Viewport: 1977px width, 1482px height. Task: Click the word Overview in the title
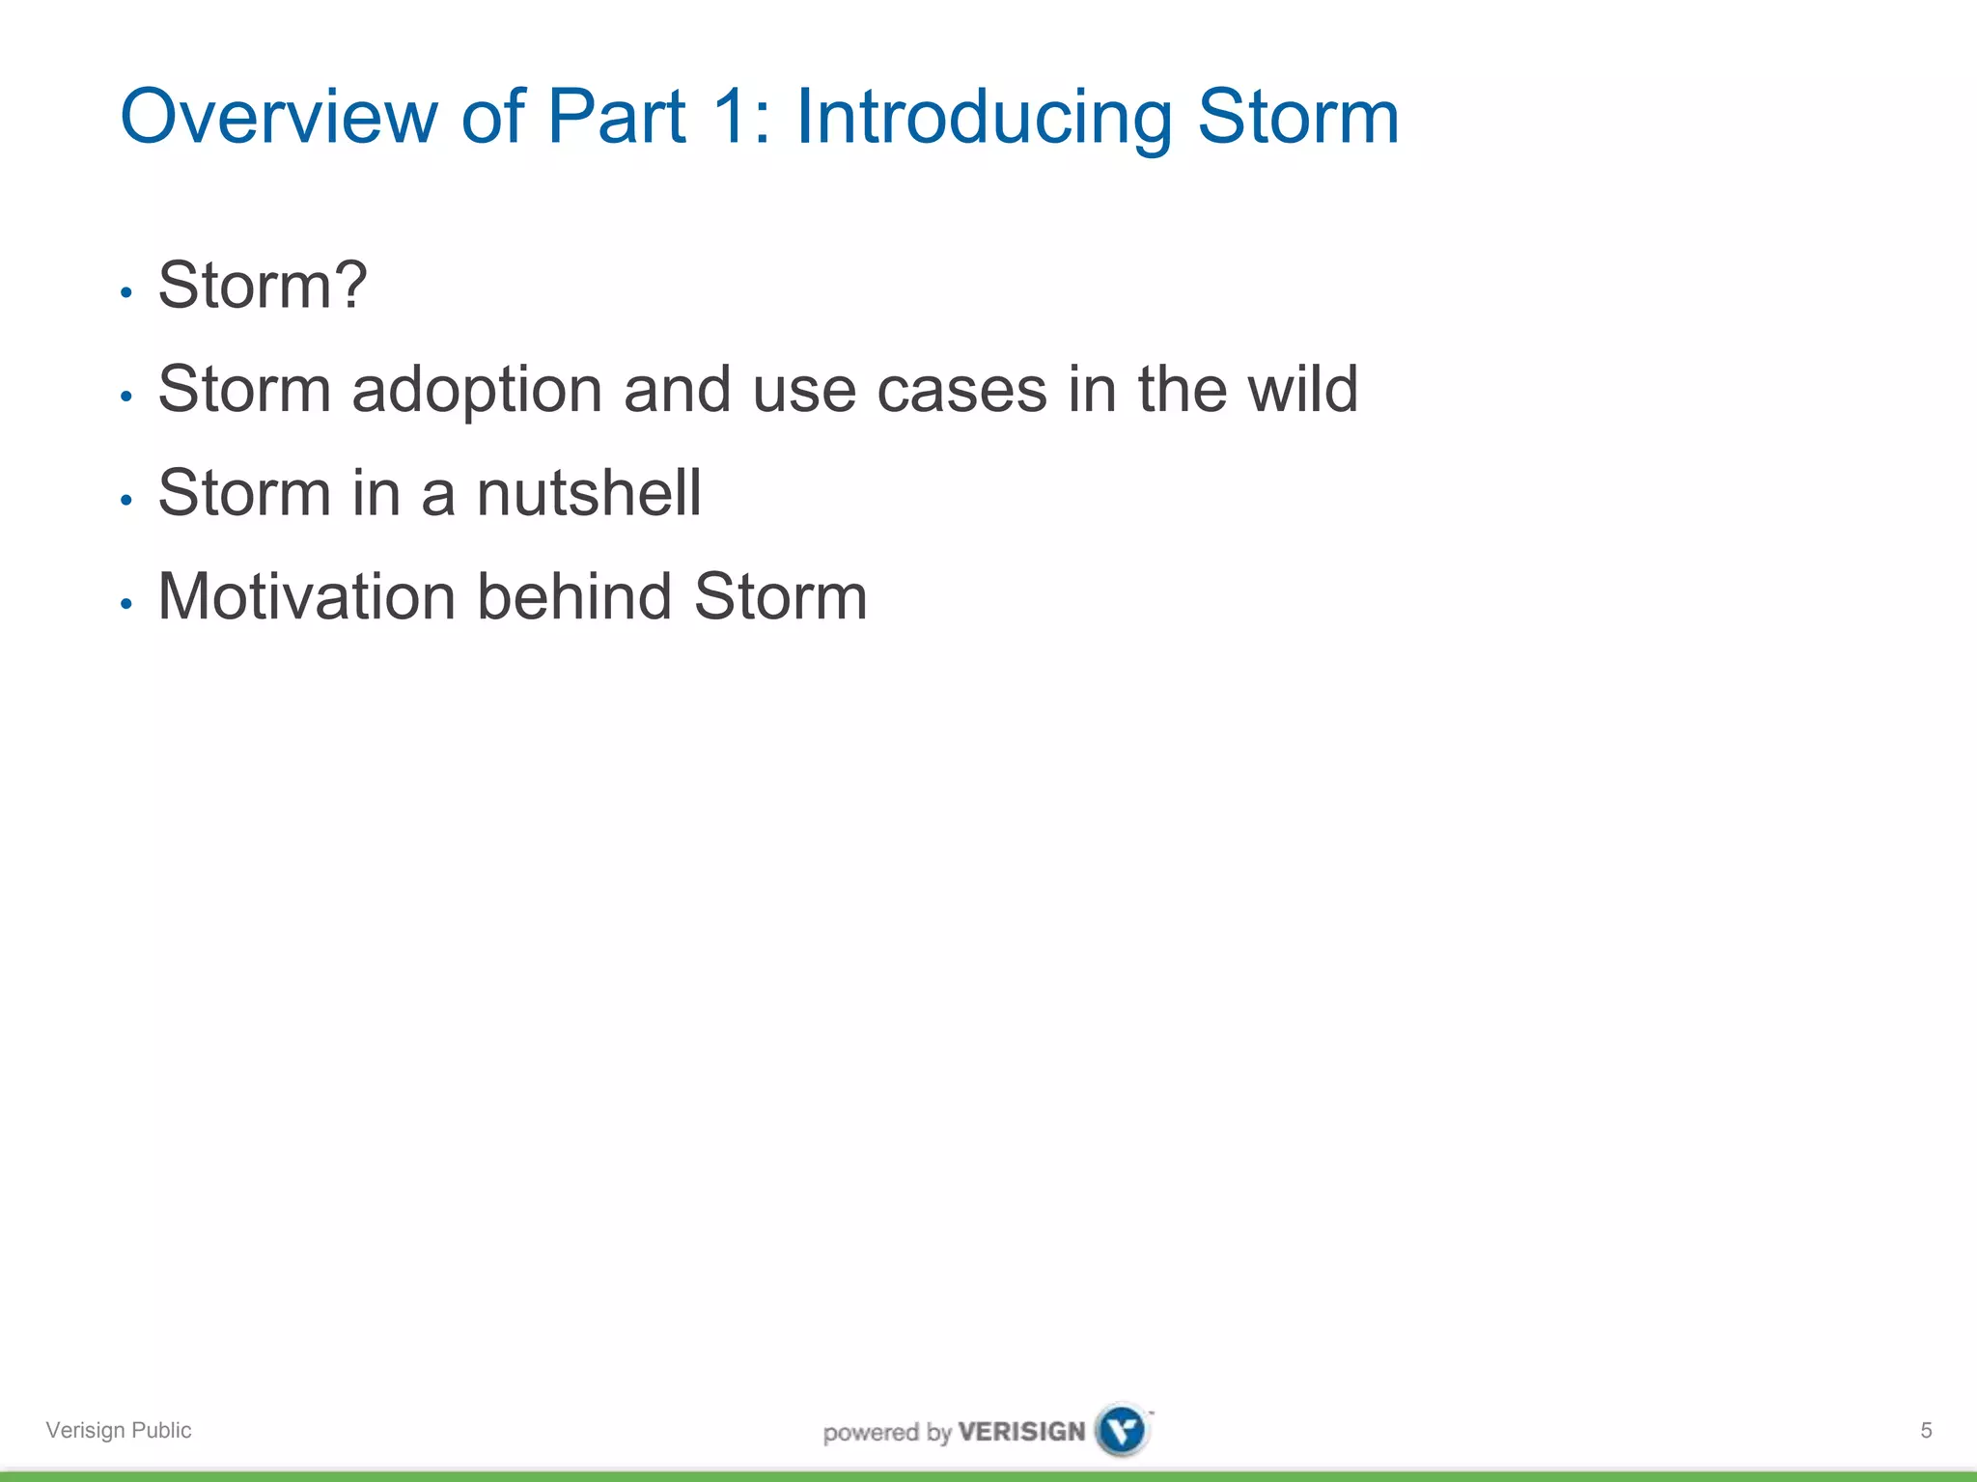[278, 117]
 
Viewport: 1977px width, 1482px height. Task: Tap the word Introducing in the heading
[984, 117]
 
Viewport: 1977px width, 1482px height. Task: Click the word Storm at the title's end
[1297, 117]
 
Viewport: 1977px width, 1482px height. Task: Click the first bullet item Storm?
[262, 286]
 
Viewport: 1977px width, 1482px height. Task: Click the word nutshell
[588, 493]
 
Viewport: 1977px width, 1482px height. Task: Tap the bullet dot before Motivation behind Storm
[125, 604]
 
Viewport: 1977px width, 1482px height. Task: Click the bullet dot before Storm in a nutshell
[125, 500]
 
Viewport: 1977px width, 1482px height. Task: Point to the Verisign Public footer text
[119, 1430]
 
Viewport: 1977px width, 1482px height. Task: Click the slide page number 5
[1925, 1430]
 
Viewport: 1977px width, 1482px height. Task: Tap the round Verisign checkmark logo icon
[1123, 1429]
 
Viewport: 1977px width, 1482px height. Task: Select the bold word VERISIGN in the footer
[1021, 1431]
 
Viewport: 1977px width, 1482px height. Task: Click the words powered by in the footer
[886, 1433]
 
